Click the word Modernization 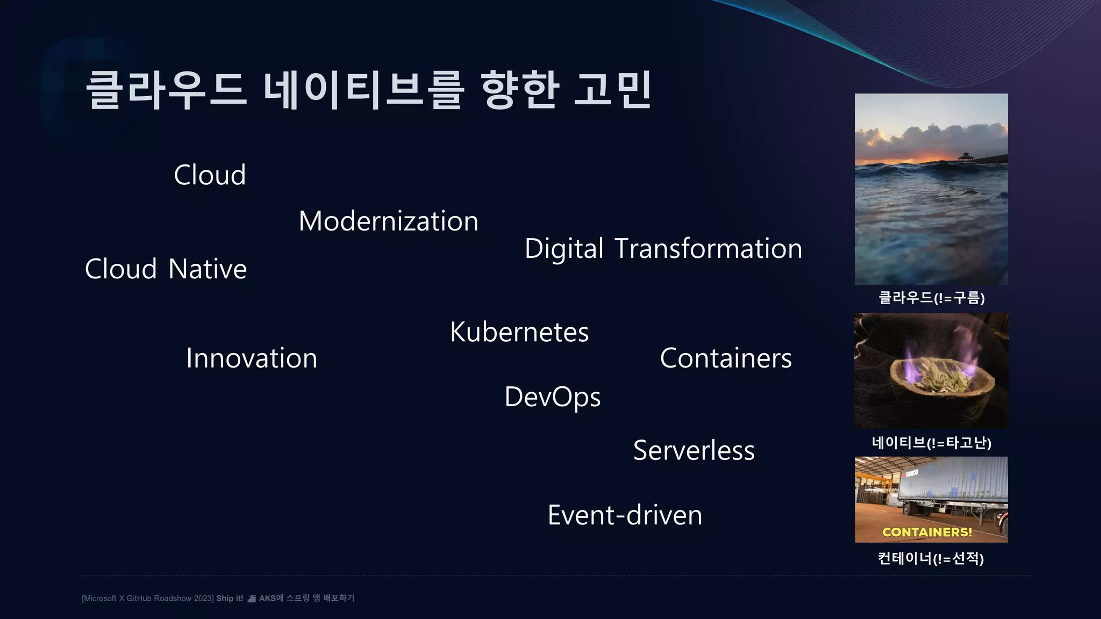pyautogui.click(x=388, y=221)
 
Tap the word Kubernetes pyautogui.click(x=519, y=332)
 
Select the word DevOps pyautogui.click(x=552, y=398)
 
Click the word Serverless pyautogui.click(x=694, y=450)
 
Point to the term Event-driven pyautogui.click(x=625, y=515)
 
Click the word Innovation pyautogui.click(x=252, y=358)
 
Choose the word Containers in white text pyautogui.click(x=725, y=358)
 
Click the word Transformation pyautogui.click(x=708, y=249)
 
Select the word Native pyautogui.click(x=208, y=269)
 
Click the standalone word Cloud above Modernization pyautogui.click(x=210, y=175)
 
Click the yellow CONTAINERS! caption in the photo pyautogui.click(x=927, y=532)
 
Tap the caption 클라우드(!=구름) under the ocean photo pyautogui.click(x=931, y=298)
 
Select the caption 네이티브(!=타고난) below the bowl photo pyautogui.click(x=931, y=443)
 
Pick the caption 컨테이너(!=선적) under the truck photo pyautogui.click(x=931, y=558)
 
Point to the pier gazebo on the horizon pyautogui.click(x=966, y=156)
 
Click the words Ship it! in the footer pyautogui.click(x=230, y=599)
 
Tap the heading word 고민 pyautogui.click(x=612, y=90)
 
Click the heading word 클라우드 pyautogui.click(x=166, y=90)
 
